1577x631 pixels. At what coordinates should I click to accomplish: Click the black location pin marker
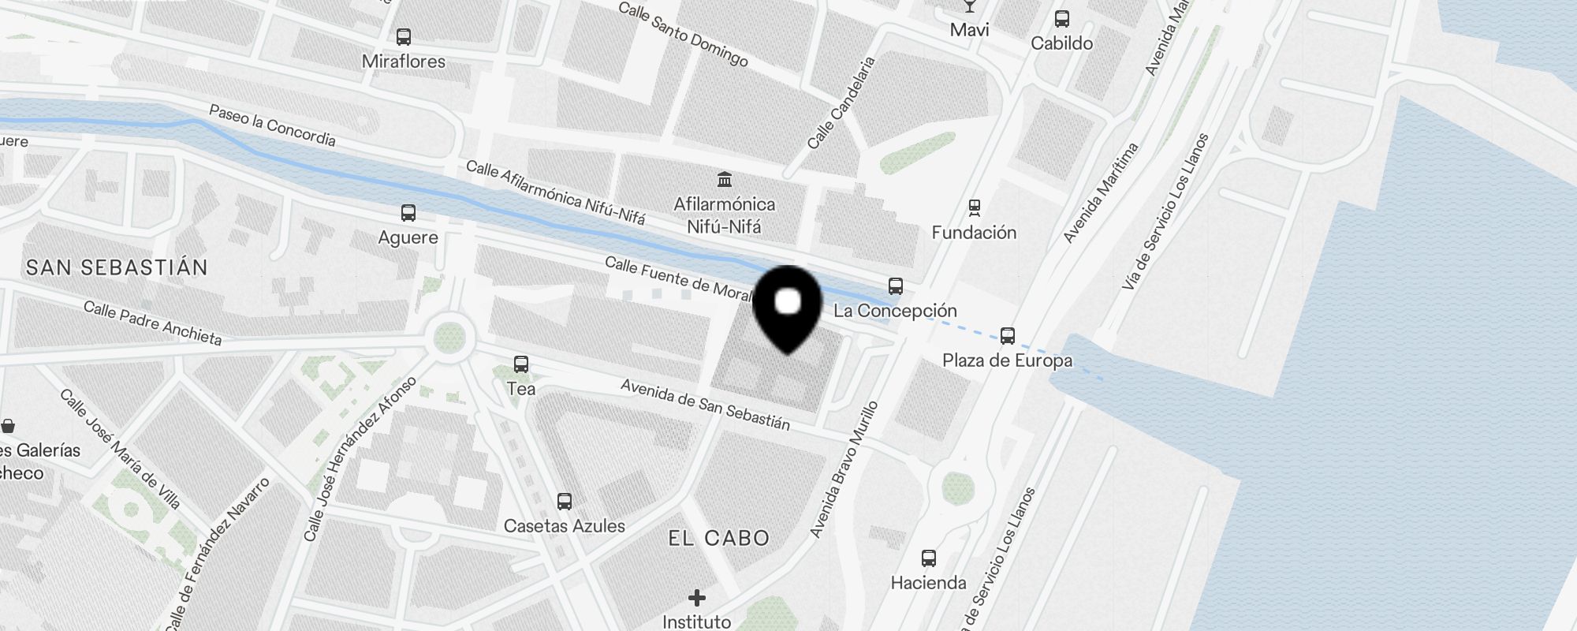click(788, 307)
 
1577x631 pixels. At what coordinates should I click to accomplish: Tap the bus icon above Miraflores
click(404, 37)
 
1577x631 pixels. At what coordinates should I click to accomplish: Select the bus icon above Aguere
click(408, 213)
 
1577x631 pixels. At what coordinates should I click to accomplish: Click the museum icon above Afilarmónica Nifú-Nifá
click(724, 179)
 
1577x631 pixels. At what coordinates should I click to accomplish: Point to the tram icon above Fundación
click(975, 207)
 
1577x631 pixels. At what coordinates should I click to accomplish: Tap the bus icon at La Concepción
click(895, 286)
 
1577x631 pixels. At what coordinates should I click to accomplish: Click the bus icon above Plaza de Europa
click(1007, 336)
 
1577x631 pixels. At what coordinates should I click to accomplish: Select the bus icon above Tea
click(520, 364)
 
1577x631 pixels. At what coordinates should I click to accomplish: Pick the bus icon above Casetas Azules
click(564, 501)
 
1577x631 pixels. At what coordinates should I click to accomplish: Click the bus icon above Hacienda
click(928, 558)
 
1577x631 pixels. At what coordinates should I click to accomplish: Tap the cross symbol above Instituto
click(696, 598)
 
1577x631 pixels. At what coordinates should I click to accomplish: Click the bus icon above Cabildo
click(1061, 19)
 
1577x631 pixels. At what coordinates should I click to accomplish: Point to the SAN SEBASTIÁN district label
click(117, 267)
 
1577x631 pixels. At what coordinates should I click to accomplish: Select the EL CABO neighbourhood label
click(718, 538)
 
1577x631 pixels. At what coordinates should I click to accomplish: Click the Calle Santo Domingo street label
click(683, 34)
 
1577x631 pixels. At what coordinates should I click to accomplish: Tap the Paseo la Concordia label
click(272, 126)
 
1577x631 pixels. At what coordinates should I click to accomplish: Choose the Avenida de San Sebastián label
click(705, 405)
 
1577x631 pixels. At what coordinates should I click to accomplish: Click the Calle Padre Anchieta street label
click(152, 323)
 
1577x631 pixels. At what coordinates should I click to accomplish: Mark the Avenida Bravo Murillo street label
click(844, 470)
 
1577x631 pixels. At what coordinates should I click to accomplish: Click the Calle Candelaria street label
click(841, 103)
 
